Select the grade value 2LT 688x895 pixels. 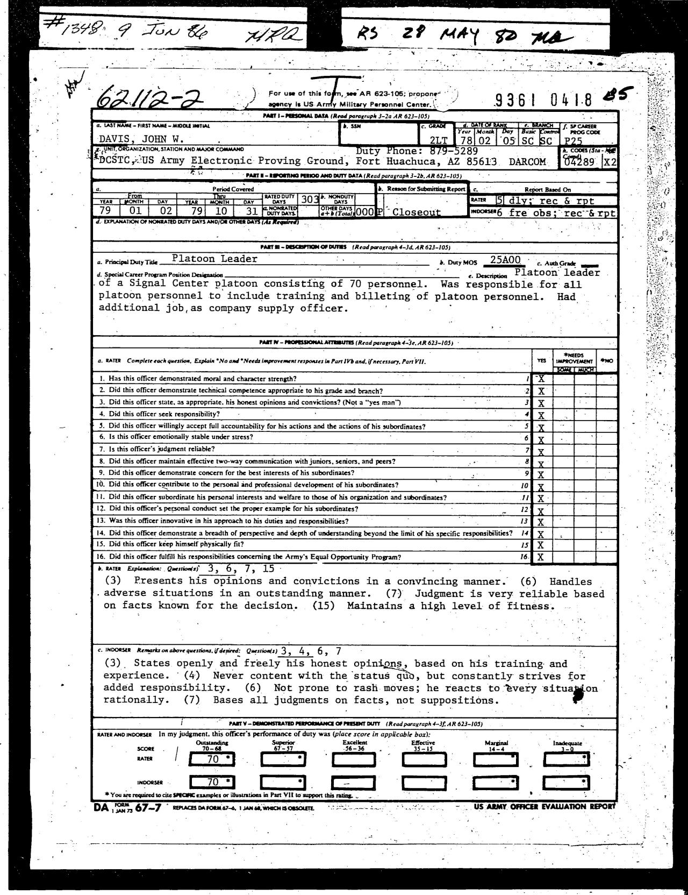(x=438, y=140)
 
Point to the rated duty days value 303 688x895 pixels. (x=310, y=199)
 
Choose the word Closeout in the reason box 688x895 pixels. (x=416, y=212)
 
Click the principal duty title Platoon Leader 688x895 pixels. (x=214, y=259)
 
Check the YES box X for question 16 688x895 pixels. (x=541, y=557)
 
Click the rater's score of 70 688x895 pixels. (x=213, y=759)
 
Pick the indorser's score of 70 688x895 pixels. (x=213, y=782)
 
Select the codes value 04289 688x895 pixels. (x=580, y=161)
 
